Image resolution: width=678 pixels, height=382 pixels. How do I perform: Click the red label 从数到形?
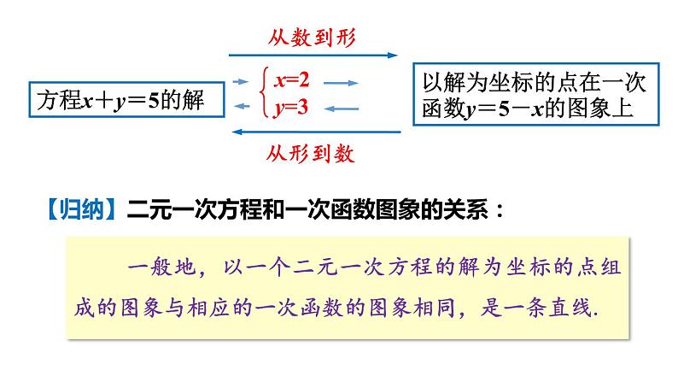click(x=312, y=37)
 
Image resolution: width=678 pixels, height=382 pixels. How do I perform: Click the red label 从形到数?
click(x=310, y=155)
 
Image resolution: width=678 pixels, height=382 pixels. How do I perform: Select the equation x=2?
click(x=291, y=81)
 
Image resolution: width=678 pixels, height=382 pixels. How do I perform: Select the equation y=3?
click(x=291, y=108)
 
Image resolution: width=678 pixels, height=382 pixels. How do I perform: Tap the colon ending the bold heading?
click(x=498, y=211)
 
